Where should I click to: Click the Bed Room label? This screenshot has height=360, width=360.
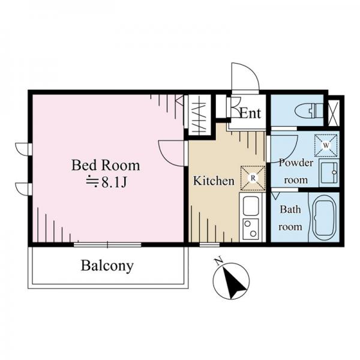pos(106,166)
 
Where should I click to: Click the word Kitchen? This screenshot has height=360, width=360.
pos(214,181)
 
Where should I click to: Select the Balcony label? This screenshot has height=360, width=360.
pos(107,266)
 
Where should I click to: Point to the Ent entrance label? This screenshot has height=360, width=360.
pos(250,113)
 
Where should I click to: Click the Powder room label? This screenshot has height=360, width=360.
pos(296,171)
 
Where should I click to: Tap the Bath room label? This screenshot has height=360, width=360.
pos(290,218)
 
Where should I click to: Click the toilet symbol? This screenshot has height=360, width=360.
pos(310,110)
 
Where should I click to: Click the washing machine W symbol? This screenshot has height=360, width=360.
pos(326,145)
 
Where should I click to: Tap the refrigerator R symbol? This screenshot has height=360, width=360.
pos(253,178)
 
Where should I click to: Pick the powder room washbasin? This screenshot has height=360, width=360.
pos(329,172)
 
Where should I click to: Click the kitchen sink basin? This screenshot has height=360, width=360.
pos(251,205)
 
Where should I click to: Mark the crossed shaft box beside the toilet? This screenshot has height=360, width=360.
pos(334,113)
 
